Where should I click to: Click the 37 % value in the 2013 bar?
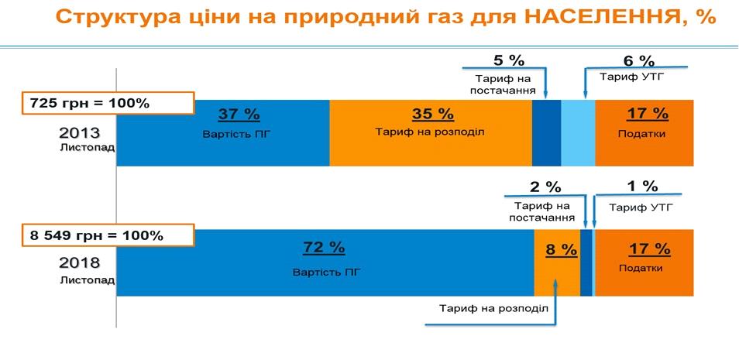(239, 115)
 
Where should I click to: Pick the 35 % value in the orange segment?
(432, 115)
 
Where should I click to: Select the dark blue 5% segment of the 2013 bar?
(546, 132)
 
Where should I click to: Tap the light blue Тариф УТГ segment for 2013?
(578, 132)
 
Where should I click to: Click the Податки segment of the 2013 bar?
(644, 132)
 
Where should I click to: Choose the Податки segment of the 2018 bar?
(644, 264)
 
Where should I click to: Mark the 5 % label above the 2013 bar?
(509, 60)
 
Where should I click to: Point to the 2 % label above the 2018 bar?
(545, 187)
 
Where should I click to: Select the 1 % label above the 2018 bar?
(642, 187)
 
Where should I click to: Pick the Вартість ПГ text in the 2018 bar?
(326, 273)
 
